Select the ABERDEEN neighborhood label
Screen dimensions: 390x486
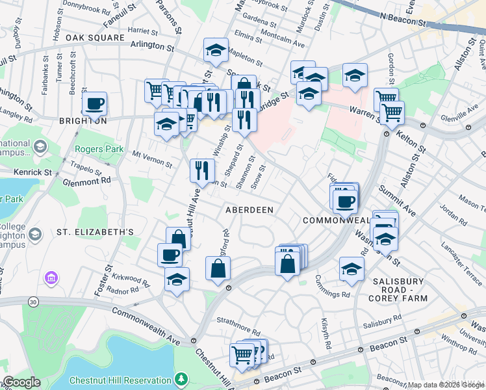[x=249, y=210]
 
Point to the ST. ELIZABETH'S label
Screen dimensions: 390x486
[x=95, y=231]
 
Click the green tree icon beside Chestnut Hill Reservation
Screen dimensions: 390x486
[x=183, y=378]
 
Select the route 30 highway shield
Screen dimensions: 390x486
[x=32, y=302]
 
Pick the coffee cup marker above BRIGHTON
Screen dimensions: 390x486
[x=95, y=103]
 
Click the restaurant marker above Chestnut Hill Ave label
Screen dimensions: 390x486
[x=202, y=170]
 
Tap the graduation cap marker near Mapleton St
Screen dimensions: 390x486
[x=215, y=49]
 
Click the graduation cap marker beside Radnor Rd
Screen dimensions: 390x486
[x=177, y=279]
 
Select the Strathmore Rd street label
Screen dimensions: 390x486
[x=238, y=320]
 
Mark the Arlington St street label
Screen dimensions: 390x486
[x=153, y=47]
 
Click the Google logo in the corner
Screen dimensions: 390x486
[x=21, y=382]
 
